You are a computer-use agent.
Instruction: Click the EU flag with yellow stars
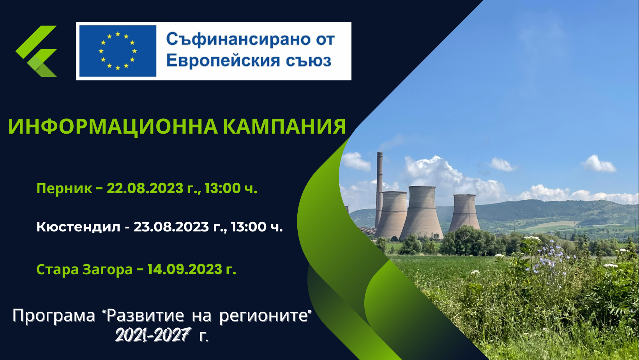click(x=118, y=51)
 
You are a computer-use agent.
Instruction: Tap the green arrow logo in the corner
click(x=36, y=51)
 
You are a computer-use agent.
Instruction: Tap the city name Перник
click(x=64, y=189)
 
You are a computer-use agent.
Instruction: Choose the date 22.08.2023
click(x=145, y=188)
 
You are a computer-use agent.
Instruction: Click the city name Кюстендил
click(x=78, y=227)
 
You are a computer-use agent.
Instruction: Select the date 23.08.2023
click(x=171, y=227)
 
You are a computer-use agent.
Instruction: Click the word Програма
click(x=54, y=316)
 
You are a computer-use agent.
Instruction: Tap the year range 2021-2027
click(x=153, y=335)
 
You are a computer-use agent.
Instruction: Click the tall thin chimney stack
click(x=379, y=189)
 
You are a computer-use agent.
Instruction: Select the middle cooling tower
click(x=422, y=212)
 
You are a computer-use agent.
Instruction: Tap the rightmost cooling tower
click(x=464, y=212)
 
